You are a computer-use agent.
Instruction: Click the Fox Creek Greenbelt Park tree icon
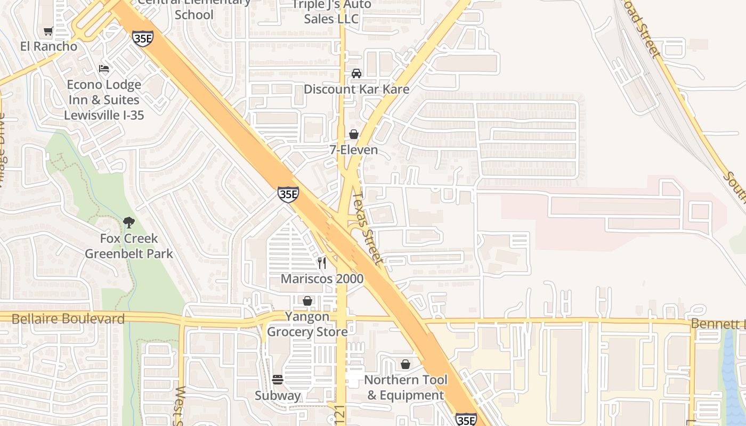128,223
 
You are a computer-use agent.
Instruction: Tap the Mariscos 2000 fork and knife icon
322,263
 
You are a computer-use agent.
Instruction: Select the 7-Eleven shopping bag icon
354,134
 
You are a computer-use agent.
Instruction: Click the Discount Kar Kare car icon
356,73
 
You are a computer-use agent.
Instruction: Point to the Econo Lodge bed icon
104,69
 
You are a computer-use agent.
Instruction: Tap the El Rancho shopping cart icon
48,31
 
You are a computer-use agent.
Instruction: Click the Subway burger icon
278,380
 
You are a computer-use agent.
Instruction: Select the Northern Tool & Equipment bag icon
406,364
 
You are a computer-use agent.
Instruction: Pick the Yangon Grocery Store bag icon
307,301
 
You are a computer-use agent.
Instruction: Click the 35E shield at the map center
288,194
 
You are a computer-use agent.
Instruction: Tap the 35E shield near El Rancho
143,38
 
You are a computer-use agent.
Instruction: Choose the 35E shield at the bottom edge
466,420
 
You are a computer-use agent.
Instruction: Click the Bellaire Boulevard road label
68,319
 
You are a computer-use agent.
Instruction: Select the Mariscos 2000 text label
322,278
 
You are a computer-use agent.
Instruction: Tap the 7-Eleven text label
354,150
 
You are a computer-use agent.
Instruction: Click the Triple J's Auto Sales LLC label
331,12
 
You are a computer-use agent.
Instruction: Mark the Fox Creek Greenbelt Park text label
129,246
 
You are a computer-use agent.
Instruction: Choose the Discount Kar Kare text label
356,89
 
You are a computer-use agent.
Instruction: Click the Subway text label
278,396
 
